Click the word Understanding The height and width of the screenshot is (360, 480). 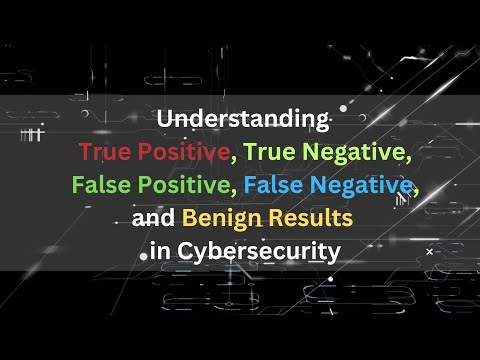[243, 120]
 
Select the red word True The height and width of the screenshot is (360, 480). [103, 153]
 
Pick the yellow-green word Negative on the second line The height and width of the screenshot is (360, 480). [344, 153]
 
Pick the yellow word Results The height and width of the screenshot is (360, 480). [320, 217]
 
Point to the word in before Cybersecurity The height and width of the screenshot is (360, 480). [160, 250]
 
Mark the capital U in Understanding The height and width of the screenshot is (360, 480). [164, 120]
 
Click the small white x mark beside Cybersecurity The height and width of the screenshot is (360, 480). [429, 253]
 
